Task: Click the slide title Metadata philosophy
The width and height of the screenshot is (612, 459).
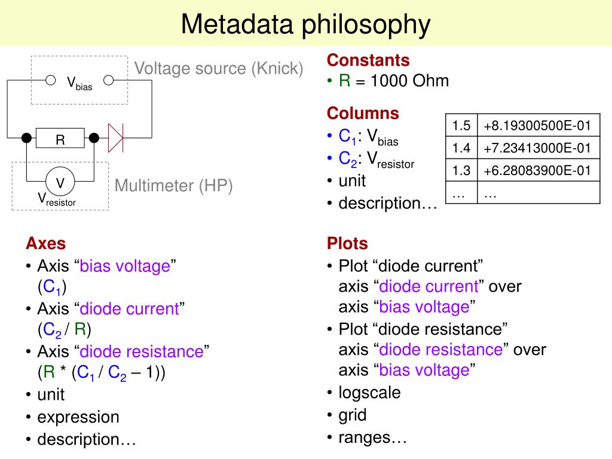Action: coord(305,25)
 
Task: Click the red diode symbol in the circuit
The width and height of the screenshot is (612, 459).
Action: coord(115,138)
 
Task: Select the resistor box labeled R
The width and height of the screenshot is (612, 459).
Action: coord(60,139)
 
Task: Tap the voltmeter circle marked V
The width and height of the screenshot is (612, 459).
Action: coord(60,182)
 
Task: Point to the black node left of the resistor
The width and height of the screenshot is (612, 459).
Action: coord(26,139)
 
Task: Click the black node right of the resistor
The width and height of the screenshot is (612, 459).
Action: coord(94,139)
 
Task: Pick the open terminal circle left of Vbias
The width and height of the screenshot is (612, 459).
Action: coord(51,80)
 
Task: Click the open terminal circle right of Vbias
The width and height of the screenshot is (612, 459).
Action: coord(108,80)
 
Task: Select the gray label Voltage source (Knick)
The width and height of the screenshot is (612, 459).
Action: coord(219,69)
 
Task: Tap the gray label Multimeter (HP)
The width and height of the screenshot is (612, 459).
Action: coord(173,186)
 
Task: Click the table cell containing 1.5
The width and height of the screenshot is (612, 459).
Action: coord(461,126)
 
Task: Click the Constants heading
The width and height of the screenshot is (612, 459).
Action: coord(368,60)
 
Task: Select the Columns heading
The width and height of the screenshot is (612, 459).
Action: coord(363,114)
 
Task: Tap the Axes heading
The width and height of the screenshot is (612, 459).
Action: coord(45,243)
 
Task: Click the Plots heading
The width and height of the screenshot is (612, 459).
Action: coord(347,243)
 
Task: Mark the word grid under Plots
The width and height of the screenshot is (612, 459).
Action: coord(353,415)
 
